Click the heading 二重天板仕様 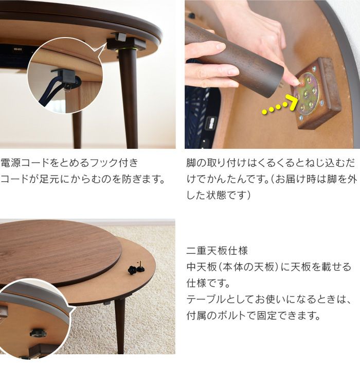(217, 251)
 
